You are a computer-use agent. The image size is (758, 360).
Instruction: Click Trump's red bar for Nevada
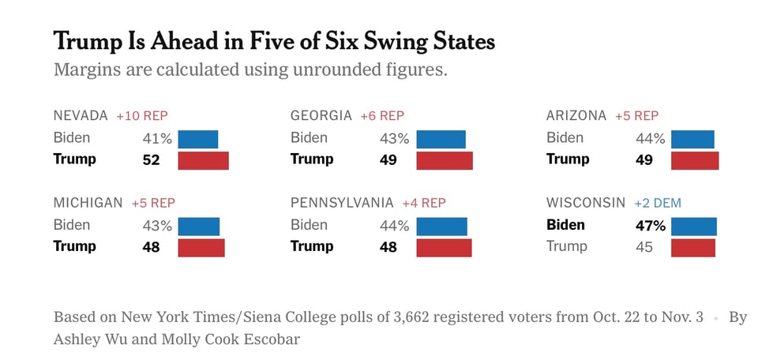pyautogui.click(x=203, y=160)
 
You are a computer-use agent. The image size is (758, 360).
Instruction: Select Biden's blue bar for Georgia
pyautogui.click(x=441, y=139)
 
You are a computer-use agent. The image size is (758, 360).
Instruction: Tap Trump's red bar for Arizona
pyautogui.click(x=695, y=160)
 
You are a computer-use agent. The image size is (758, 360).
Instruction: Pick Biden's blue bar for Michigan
pyautogui.click(x=198, y=226)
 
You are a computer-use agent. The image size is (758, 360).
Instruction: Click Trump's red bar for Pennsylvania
pyautogui.click(x=444, y=247)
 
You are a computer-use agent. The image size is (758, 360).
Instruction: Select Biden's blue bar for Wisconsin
pyautogui.click(x=694, y=226)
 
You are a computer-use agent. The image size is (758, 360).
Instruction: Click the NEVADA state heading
pyautogui.click(x=80, y=116)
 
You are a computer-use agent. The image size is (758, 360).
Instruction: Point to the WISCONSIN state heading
pyautogui.click(x=586, y=203)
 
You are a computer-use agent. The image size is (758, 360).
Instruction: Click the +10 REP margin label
pyautogui.click(x=142, y=116)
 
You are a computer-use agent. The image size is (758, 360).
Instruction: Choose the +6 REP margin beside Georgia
pyautogui.click(x=382, y=116)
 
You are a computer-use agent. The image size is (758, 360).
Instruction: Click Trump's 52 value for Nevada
pyautogui.click(x=151, y=160)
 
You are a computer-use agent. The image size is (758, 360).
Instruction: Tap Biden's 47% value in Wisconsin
pyautogui.click(x=651, y=226)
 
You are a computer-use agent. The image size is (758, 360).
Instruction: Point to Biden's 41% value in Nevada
pyautogui.click(x=156, y=139)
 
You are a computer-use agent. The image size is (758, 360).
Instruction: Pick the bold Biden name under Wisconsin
pyautogui.click(x=565, y=225)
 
